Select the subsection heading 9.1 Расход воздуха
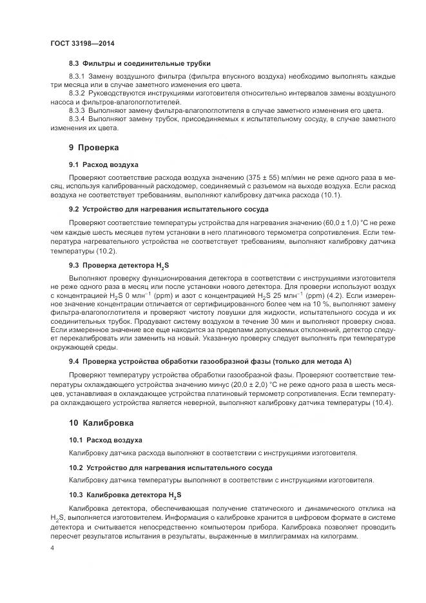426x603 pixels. click(103, 164)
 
